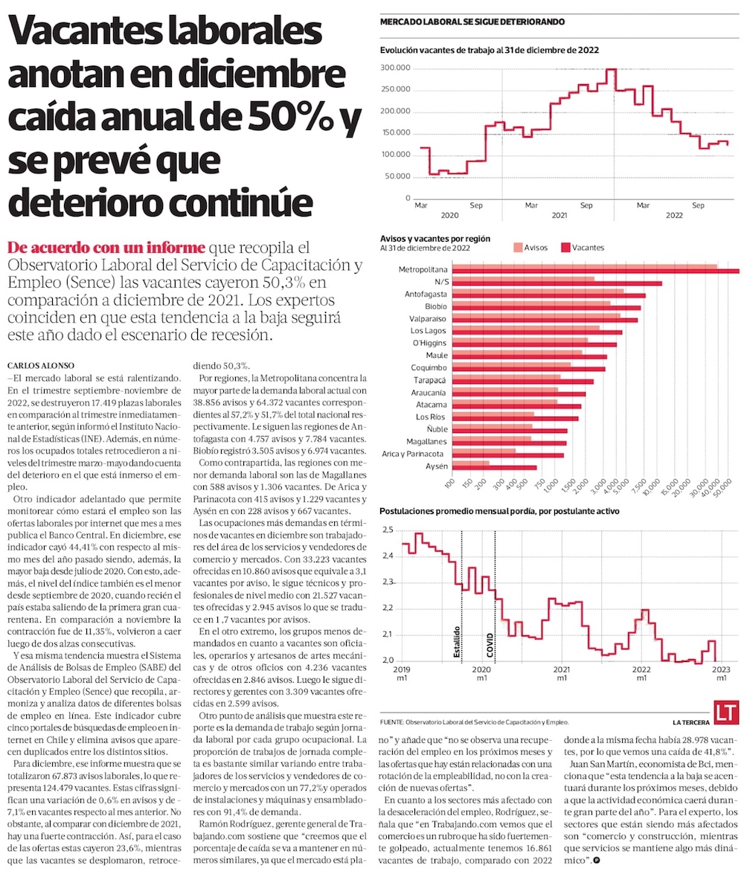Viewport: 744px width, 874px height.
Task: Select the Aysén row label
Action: [436, 466]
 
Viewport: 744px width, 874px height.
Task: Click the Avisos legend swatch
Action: [517, 248]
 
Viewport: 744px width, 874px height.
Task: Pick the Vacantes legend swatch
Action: [565, 248]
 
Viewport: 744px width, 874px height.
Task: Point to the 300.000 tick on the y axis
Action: [396, 68]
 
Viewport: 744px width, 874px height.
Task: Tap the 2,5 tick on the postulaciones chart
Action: [387, 530]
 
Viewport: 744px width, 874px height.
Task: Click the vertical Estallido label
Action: [457, 643]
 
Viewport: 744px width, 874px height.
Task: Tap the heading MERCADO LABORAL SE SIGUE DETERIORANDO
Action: [472, 22]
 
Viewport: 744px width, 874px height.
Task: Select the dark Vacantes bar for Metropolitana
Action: [595, 271]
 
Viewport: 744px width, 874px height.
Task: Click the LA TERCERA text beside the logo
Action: [691, 722]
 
